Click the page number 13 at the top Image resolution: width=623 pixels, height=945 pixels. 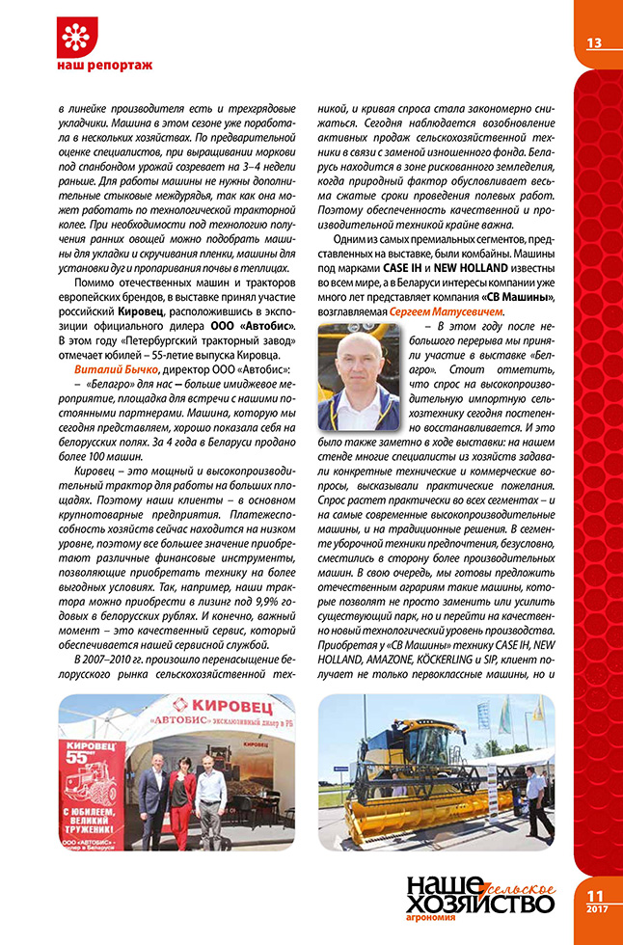[593, 41]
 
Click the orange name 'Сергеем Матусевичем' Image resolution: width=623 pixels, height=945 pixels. [453, 313]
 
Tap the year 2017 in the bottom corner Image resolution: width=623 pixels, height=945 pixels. [597, 907]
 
